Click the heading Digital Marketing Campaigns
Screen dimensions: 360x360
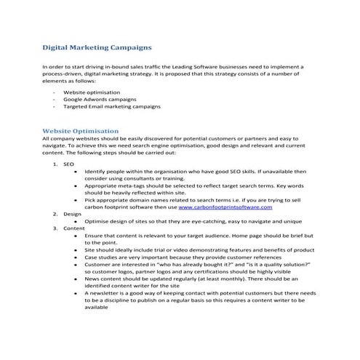97,48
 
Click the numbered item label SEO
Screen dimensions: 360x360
69,164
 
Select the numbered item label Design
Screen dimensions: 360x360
72,214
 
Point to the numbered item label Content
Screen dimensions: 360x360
74,228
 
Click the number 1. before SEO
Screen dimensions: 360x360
55,164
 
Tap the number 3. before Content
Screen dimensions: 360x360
55,228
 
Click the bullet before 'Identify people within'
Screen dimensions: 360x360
76,171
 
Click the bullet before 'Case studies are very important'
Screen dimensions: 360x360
76,257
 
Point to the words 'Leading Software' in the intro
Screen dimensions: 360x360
211,66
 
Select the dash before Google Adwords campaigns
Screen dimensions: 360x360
55,100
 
